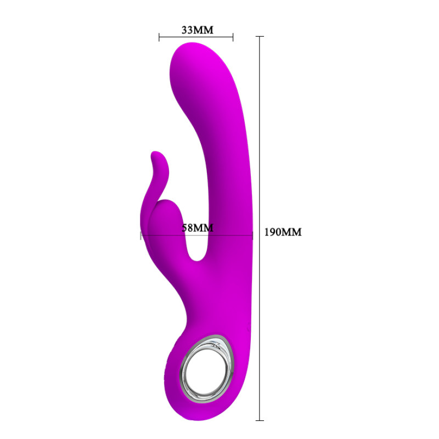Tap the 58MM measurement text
pos(197,227)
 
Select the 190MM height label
pos(283,232)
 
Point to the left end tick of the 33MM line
pos(159,37)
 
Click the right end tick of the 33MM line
pos(233,37)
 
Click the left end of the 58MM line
pos(141,235)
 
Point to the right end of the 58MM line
pos(252,235)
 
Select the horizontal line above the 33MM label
pos(196,37)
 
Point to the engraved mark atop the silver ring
pos(219,345)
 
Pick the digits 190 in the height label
pos(274,232)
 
